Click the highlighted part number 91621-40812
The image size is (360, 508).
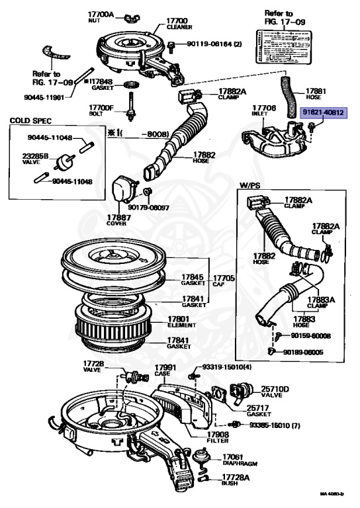[x=323, y=113]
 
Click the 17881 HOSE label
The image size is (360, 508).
[x=316, y=94]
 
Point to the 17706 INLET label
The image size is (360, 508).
[x=264, y=110]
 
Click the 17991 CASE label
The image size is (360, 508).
[x=165, y=372]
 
